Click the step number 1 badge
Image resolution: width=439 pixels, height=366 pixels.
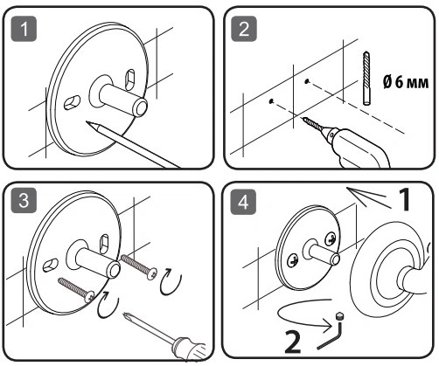(x=24, y=29)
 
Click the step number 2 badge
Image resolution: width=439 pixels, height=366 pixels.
(x=244, y=29)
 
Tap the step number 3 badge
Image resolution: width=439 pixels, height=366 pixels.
(x=24, y=200)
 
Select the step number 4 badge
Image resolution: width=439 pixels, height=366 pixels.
(x=243, y=202)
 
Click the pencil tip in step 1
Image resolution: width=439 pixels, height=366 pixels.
(x=87, y=122)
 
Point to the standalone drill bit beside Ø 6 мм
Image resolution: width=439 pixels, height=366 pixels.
(x=366, y=78)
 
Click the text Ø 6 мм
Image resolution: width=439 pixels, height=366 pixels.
(x=406, y=82)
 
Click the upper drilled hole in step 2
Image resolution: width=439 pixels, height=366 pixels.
(x=307, y=81)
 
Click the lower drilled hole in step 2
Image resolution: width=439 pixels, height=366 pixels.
(x=271, y=101)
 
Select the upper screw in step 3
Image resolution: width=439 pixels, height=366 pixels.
(x=139, y=266)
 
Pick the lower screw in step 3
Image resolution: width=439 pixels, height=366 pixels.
(x=76, y=290)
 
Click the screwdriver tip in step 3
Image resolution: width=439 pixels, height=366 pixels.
(x=126, y=314)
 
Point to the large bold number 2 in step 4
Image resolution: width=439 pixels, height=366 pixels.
(x=292, y=342)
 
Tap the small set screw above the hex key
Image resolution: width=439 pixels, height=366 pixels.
(x=339, y=315)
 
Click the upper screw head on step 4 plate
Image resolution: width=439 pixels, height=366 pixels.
(x=331, y=238)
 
